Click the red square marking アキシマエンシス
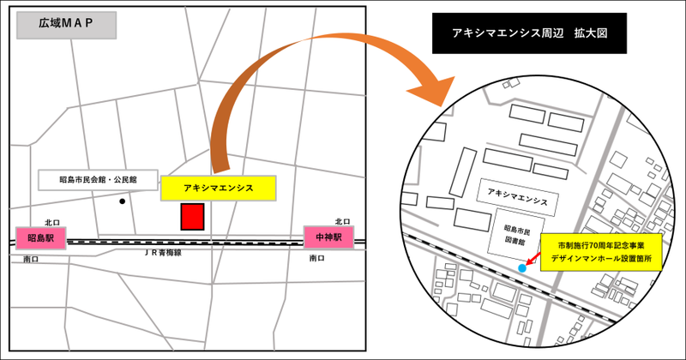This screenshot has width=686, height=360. (191, 217)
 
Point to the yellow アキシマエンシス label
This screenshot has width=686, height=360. (218, 188)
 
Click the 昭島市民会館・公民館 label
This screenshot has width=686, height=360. (98, 180)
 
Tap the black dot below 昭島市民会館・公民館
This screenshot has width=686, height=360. (123, 202)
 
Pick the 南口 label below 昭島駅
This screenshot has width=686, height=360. (32, 258)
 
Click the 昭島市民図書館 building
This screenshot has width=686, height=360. (514, 232)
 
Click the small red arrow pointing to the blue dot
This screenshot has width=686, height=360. (533, 259)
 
